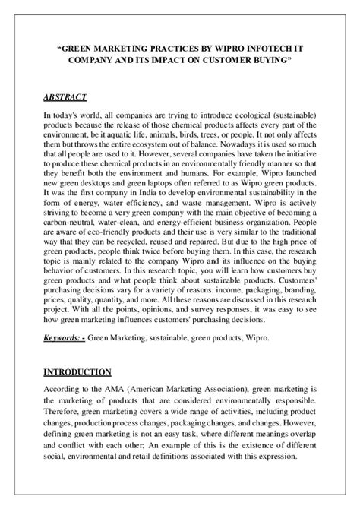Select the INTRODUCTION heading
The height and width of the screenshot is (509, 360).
(x=75, y=371)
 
